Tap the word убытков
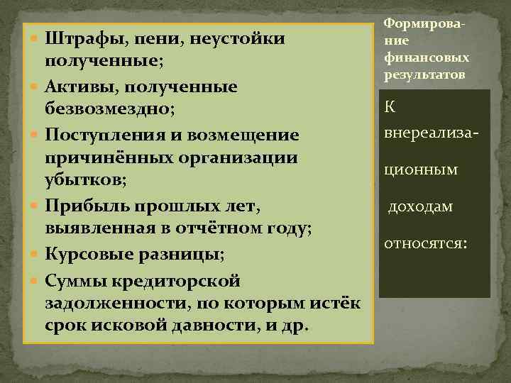pyautogui.click(x=84, y=182)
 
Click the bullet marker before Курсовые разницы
pyautogui.click(x=34, y=254)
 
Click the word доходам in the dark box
pyautogui.click(x=420, y=206)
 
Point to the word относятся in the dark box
pyautogui.click(x=424, y=243)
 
